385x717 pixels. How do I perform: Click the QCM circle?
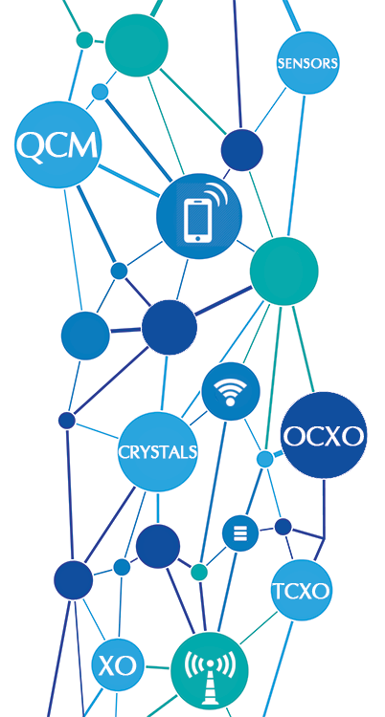click(x=57, y=144)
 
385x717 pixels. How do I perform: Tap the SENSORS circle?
click(x=307, y=63)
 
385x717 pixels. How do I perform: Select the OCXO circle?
click(x=324, y=435)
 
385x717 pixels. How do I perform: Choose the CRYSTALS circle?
click(x=158, y=452)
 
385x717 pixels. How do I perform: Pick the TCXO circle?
click(x=301, y=590)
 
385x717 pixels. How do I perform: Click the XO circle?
click(x=118, y=665)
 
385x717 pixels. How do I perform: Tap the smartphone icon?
click(x=204, y=213)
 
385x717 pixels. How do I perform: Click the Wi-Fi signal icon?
click(x=231, y=392)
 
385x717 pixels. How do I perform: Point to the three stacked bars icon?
click(x=240, y=533)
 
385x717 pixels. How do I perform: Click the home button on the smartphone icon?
click(x=198, y=237)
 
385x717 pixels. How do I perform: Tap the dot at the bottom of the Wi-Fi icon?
click(x=231, y=402)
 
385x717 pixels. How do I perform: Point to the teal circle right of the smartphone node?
click(x=283, y=272)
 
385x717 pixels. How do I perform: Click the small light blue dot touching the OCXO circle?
click(x=265, y=459)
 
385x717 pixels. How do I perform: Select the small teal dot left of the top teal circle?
click(x=84, y=40)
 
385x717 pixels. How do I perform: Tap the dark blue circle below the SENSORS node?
click(x=242, y=150)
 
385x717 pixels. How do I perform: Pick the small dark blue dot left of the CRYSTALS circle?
click(x=67, y=421)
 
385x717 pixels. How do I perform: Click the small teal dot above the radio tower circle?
click(x=199, y=572)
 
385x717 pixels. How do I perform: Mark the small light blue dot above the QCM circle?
click(x=100, y=92)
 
